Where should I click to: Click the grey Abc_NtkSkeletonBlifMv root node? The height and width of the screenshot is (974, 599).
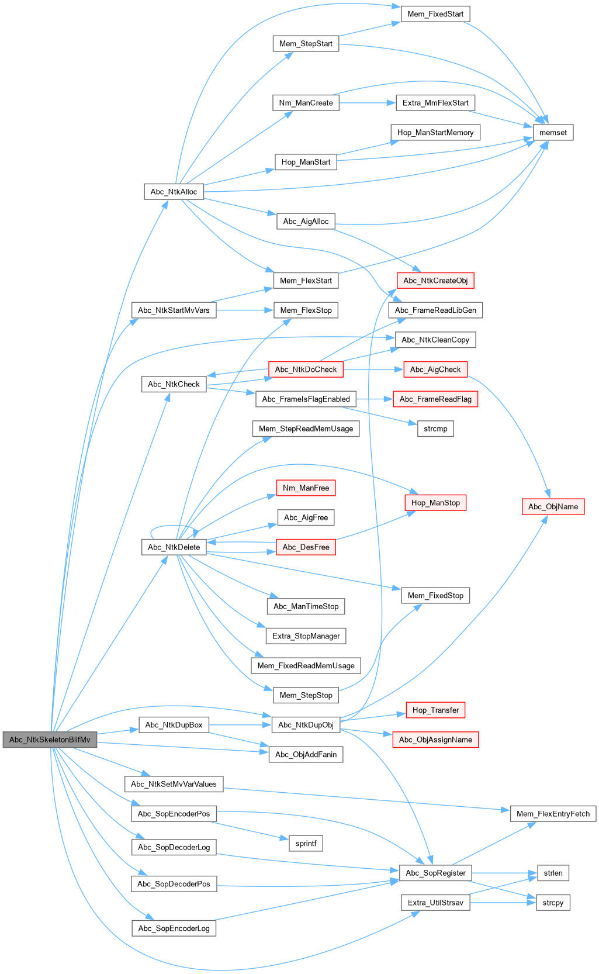coord(50,740)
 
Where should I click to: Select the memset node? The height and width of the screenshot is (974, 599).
coord(553,133)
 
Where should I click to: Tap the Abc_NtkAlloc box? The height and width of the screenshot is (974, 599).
coord(174,192)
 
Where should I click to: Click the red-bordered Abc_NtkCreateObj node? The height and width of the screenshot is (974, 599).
coord(435,281)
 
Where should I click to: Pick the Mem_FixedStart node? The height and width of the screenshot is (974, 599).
coord(435,14)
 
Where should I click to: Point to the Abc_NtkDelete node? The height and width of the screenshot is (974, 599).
coord(174,547)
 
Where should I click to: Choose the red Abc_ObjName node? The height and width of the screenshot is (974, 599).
coord(553,506)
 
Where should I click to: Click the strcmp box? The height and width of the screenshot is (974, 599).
coord(435,429)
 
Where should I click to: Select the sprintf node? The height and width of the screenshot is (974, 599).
coord(306,843)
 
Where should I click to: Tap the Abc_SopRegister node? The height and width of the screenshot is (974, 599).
coord(435,873)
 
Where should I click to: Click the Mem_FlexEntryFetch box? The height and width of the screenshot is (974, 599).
coord(553,814)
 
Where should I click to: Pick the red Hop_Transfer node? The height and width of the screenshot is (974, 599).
coord(435,710)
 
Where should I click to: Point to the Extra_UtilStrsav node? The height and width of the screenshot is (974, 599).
coord(435,903)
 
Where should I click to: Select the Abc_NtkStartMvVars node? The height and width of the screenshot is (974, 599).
coord(174,310)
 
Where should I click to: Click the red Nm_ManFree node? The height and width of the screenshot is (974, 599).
coord(306,488)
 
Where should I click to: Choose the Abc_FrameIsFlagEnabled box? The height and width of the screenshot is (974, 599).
coord(306,399)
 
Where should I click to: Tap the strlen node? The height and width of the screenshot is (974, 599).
coord(553,873)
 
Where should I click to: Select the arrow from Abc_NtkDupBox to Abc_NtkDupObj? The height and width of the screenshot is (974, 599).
coord(240,725)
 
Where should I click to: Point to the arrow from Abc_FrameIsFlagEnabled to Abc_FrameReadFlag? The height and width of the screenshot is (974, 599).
coord(374,399)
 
